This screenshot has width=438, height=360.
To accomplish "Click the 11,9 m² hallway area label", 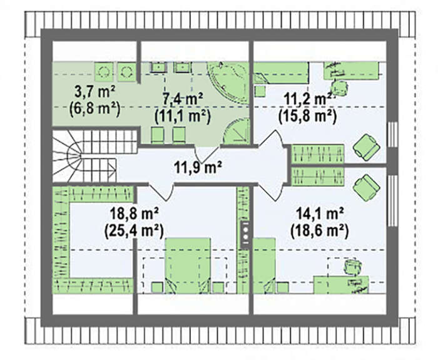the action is (x=198, y=167).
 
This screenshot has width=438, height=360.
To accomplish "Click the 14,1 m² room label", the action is (x=320, y=215).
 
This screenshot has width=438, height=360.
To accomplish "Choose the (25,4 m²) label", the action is (x=134, y=232).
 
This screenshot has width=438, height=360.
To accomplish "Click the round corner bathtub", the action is (x=228, y=83).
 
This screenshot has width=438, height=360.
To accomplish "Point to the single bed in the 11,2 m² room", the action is (x=280, y=73).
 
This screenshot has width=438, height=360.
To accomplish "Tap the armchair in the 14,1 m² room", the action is (x=366, y=187).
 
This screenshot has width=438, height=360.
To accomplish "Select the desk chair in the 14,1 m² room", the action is (x=353, y=267).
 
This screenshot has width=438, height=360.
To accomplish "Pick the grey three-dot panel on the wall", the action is (x=245, y=234).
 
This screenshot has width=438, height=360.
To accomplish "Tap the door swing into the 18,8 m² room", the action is (x=161, y=191).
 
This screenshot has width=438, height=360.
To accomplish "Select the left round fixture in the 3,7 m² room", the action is (x=104, y=71).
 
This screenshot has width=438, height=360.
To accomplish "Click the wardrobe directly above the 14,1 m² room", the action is (x=318, y=177).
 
